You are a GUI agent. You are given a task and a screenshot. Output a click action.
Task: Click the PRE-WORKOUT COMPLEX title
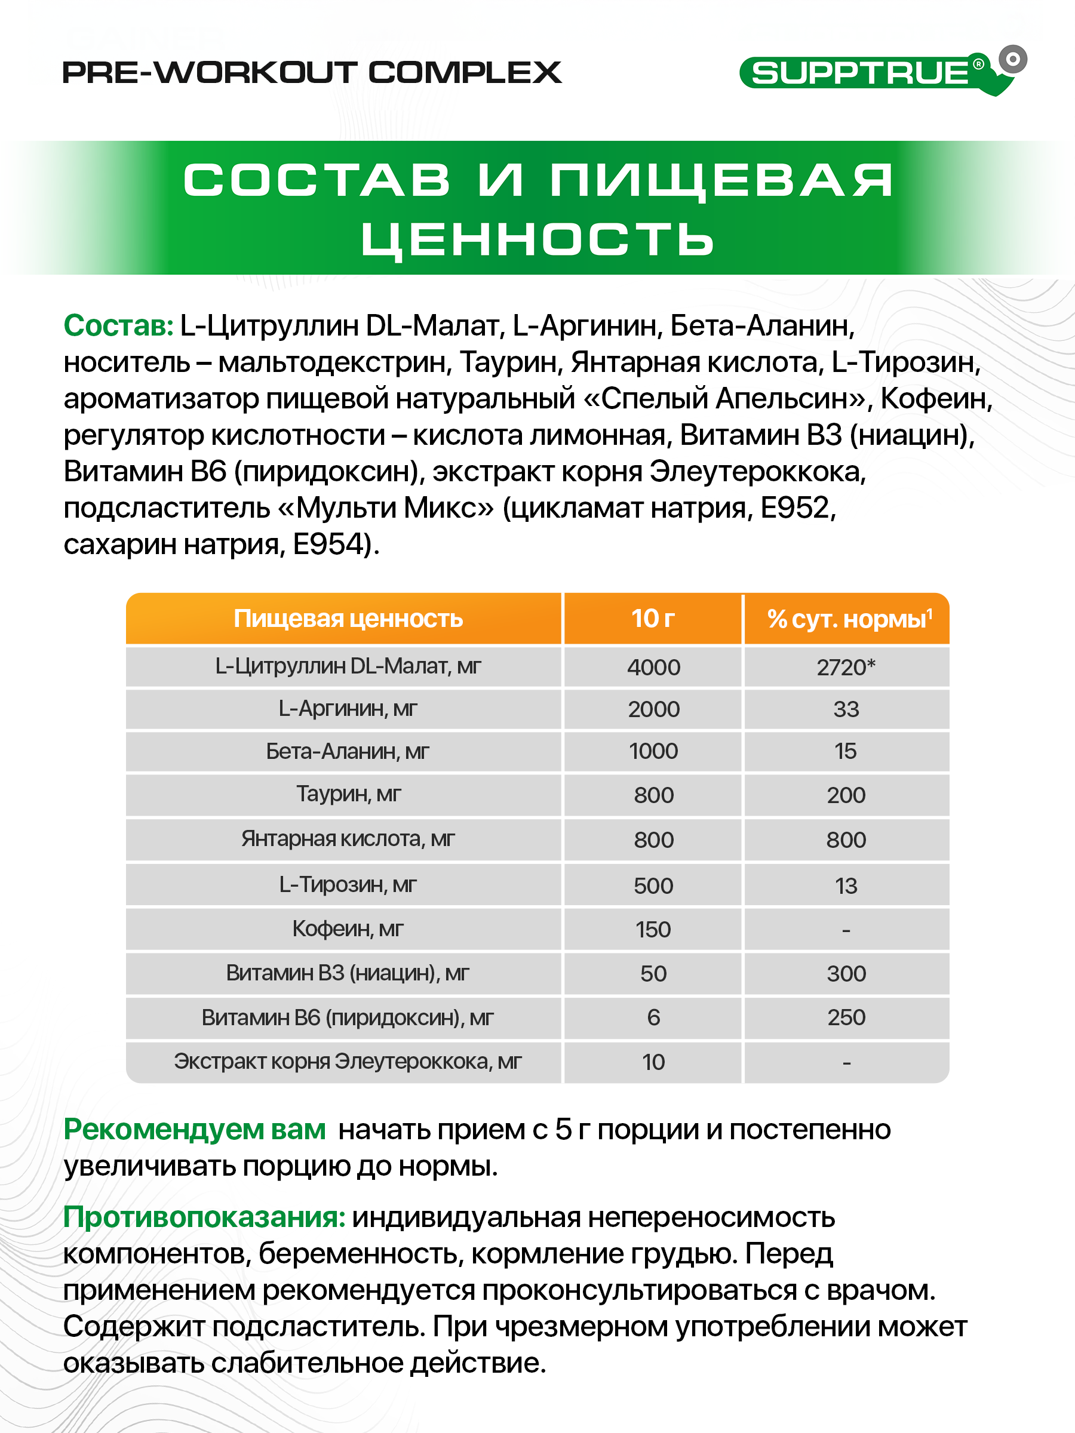click(312, 73)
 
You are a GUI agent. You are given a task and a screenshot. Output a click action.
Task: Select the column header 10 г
click(653, 619)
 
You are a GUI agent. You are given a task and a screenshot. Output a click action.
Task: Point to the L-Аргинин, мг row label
click(348, 709)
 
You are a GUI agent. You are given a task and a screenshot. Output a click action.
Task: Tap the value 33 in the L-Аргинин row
click(846, 709)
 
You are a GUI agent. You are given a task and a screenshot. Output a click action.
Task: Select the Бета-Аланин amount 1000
click(653, 752)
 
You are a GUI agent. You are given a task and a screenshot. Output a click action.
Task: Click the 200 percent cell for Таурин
click(846, 795)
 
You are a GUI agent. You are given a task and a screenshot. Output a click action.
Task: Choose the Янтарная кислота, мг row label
click(348, 839)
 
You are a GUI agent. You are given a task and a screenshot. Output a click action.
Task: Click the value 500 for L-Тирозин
click(653, 885)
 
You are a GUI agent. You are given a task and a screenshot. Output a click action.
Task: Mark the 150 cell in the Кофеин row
click(653, 930)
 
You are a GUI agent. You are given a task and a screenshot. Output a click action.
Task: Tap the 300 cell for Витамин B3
click(846, 974)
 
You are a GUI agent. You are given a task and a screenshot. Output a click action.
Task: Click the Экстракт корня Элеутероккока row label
click(348, 1062)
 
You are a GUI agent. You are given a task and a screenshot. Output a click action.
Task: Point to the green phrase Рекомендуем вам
click(194, 1130)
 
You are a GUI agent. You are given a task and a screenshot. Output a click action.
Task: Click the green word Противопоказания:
click(204, 1217)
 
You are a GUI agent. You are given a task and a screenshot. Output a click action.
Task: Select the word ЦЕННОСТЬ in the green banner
click(537, 239)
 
